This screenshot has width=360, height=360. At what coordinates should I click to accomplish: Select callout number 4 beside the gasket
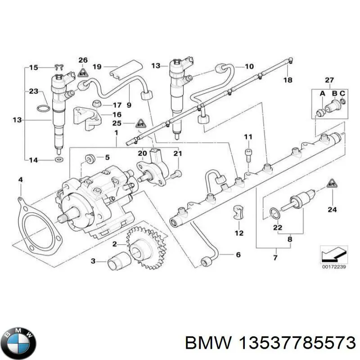click(20, 180)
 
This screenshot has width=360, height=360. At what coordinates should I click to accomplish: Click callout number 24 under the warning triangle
click(332, 208)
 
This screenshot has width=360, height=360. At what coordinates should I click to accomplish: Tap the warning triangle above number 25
click(141, 122)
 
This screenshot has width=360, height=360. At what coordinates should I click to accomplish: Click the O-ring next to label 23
click(42, 108)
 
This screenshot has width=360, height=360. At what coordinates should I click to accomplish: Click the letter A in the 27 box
click(322, 93)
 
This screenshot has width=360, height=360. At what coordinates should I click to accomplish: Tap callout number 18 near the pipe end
click(288, 80)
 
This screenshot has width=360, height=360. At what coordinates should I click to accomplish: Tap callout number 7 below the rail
click(275, 258)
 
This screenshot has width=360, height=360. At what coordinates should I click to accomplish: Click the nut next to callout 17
click(95, 104)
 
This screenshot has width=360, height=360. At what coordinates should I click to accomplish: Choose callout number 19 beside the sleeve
click(97, 67)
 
